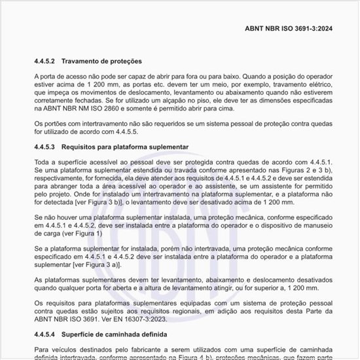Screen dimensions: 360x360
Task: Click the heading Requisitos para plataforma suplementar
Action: point(128,147)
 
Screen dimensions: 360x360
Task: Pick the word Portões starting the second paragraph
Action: point(60,123)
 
